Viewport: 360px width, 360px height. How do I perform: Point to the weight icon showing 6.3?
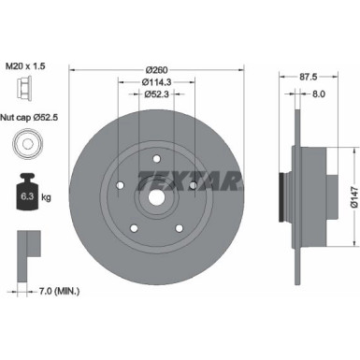click(23, 194)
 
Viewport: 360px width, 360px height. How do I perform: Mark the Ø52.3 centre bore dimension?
click(156, 94)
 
